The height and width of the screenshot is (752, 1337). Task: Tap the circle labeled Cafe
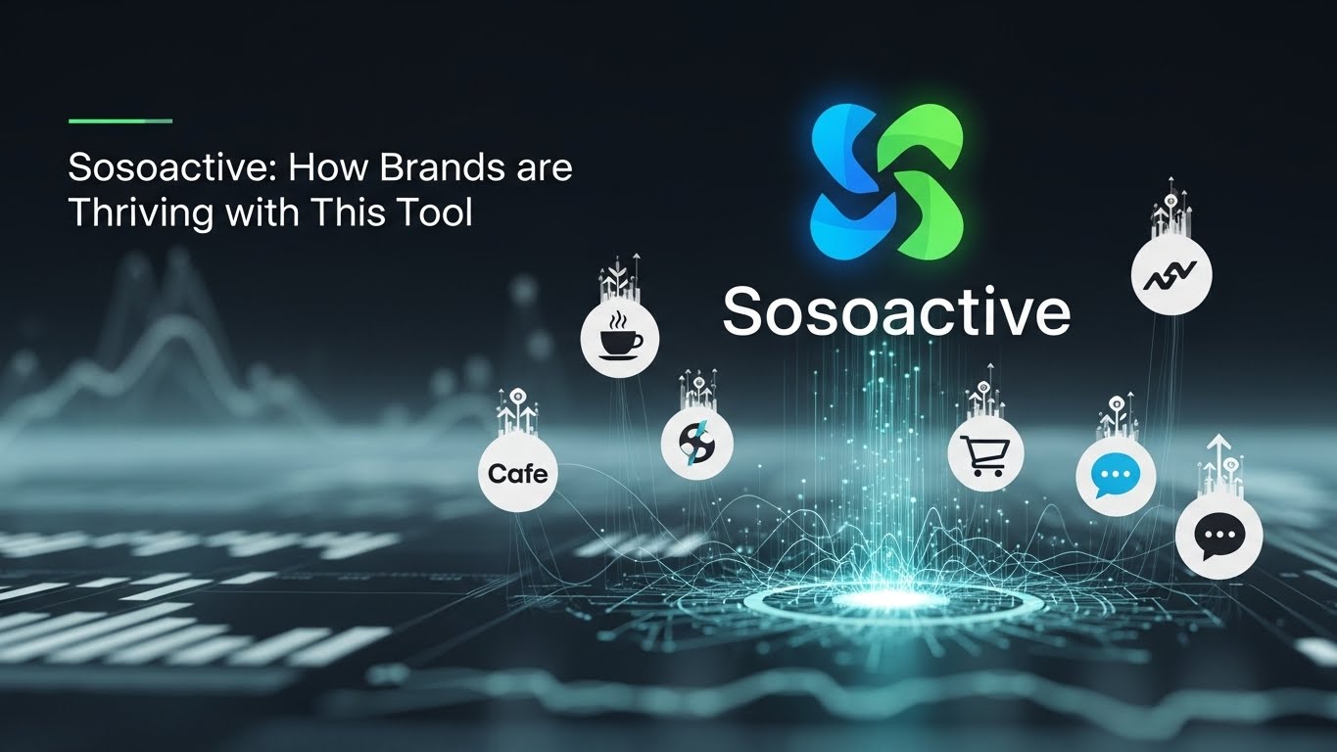coord(517,474)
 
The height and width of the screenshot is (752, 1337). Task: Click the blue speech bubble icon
coord(1116,477)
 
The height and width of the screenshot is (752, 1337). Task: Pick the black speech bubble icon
coord(1218,536)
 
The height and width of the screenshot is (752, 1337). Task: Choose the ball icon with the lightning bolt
coord(696,444)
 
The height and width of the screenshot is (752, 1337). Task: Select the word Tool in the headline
coord(438,212)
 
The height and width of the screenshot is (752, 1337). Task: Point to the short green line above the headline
coord(120,121)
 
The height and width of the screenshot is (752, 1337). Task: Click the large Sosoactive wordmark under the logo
coord(896,311)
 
